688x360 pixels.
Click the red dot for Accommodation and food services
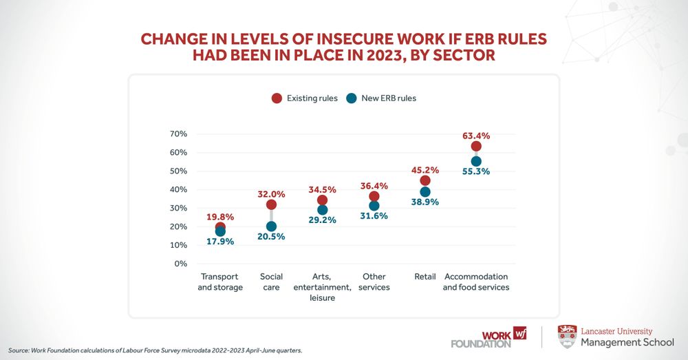point(476,146)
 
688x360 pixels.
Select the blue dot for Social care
point(271,226)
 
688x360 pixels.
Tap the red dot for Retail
point(425,180)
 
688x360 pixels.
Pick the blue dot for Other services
point(374,206)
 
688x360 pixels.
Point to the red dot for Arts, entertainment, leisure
point(323,200)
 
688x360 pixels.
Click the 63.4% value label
point(476,136)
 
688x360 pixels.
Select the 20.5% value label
point(271,237)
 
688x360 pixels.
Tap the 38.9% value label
point(425,202)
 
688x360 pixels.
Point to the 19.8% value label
point(220,217)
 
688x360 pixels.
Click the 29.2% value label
point(323,220)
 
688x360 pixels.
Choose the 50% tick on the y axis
point(178,171)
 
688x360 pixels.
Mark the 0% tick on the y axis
point(180,264)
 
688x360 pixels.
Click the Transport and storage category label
point(220,282)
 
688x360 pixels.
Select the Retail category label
point(425,277)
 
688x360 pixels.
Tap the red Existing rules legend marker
point(277,98)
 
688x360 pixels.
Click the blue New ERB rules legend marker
point(351,98)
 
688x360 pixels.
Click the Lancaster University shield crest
point(567,336)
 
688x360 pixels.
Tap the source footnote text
point(155,350)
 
